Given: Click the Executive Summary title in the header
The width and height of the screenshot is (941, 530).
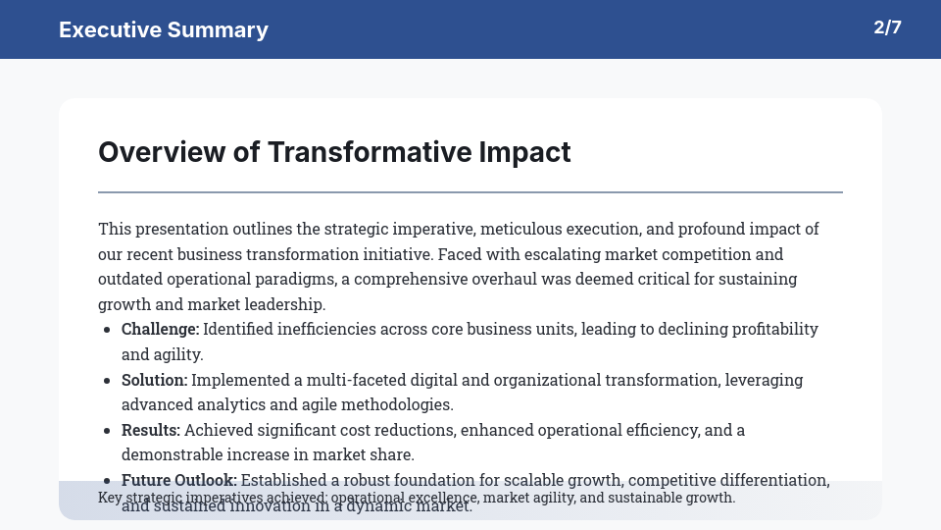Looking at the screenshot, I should [164, 29].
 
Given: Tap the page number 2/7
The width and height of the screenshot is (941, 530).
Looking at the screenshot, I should [887, 27].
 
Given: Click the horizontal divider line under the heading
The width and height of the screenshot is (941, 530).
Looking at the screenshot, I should [470, 192].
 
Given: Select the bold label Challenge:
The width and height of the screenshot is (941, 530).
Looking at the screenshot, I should [160, 329].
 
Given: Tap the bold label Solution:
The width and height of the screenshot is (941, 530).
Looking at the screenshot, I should [154, 380].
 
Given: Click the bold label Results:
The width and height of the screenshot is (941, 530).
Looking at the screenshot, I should [151, 430].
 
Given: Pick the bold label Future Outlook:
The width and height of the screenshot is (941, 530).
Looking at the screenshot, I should [178, 480].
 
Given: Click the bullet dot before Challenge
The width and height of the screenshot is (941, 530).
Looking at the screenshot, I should [106, 330].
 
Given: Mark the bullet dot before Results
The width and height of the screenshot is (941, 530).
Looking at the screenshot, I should [106, 431].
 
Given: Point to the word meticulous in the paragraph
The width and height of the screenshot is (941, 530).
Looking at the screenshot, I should [520, 229].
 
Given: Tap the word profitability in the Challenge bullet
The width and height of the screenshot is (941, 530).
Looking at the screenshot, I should [768, 329].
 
